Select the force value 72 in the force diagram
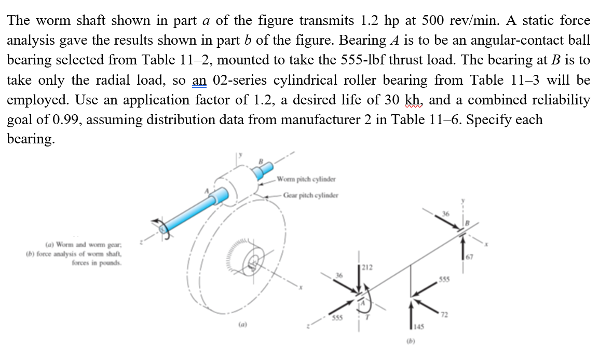(x=444, y=314)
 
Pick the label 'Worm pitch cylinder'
(x=306, y=180)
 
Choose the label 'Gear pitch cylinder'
(x=310, y=196)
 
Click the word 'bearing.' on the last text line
(x=30, y=139)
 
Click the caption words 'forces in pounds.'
(x=97, y=262)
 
